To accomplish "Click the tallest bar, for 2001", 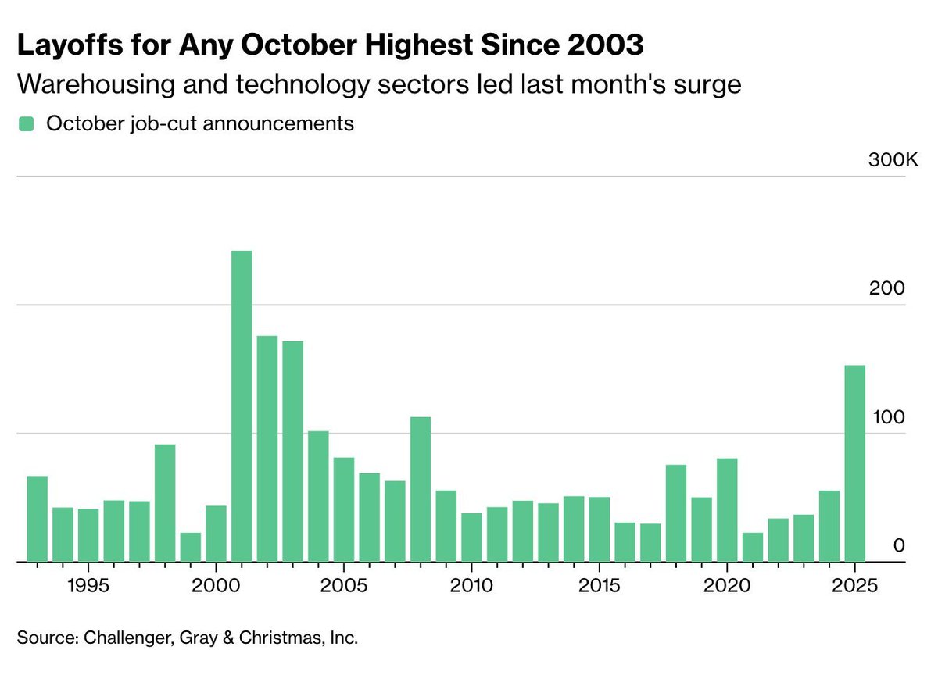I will tap(242, 406).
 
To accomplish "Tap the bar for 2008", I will tap(421, 489).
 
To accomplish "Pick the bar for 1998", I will tap(165, 502).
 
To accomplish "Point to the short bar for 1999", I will tap(191, 547).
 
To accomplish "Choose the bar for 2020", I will tap(727, 509).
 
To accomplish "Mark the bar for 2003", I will tap(292, 451).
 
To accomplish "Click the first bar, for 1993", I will tap(37, 518).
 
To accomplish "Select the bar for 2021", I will tap(752, 547).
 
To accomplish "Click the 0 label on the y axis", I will tap(899, 545).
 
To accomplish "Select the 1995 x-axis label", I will tap(88, 584).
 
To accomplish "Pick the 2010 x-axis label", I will tap(471, 584).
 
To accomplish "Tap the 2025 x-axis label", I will tap(854, 584).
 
